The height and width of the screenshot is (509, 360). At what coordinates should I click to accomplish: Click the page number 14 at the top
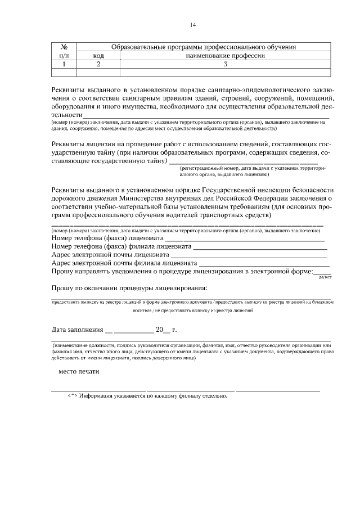click(192, 25)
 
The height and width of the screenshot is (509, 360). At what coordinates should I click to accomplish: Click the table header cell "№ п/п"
click(64, 51)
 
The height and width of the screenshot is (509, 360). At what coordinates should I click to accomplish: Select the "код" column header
click(98, 56)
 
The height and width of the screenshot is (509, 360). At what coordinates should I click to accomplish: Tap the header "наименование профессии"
click(225, 56)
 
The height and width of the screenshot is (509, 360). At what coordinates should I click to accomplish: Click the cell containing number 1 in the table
click(64, 64)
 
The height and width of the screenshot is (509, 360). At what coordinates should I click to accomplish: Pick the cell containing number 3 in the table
click(225, 64)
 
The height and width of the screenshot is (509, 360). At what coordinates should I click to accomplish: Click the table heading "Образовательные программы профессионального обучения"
click(204, 47)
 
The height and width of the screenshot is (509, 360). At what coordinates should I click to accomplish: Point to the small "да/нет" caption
click(325, 277)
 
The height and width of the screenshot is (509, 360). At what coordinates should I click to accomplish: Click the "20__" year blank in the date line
click(162, 329)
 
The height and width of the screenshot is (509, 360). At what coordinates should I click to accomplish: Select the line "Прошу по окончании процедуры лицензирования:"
click(129, 288)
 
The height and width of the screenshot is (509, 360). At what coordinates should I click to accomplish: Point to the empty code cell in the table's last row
click(98, 72)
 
